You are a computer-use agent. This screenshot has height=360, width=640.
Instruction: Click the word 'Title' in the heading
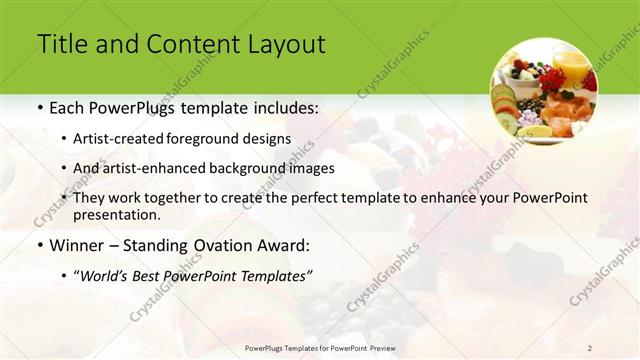[x=61, y=44]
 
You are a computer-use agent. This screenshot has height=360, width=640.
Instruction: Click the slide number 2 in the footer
[x=590, y=347]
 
